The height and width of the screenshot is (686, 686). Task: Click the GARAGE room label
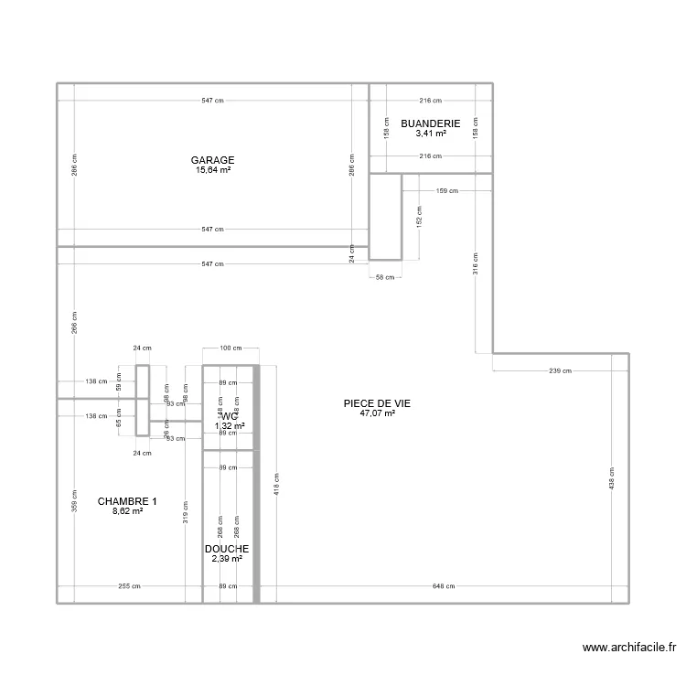tap(212, 159)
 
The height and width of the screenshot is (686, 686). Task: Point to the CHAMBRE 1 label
tap(127, 500)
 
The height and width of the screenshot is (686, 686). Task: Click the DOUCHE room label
tap(227, 549)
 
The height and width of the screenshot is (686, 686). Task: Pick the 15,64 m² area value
tap(212, 169)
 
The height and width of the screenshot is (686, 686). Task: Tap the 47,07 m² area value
tap(378, 413)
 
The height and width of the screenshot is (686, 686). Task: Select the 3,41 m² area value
tap(430, 133)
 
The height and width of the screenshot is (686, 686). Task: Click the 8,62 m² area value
tap(127, 510)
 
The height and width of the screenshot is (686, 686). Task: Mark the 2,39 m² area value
tap(227, 559)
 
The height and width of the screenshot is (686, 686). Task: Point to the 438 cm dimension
tap(612, 478)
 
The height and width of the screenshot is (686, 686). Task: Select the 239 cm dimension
tap(561, 370)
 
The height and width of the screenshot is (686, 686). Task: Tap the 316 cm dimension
tap(476, 263)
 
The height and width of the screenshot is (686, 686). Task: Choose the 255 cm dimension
tap(129, 586)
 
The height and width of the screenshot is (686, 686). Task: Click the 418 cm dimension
tap(276, 485)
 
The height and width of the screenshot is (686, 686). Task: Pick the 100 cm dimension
tap(230, 348)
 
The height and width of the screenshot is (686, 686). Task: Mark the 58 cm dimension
tap(385, 276)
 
